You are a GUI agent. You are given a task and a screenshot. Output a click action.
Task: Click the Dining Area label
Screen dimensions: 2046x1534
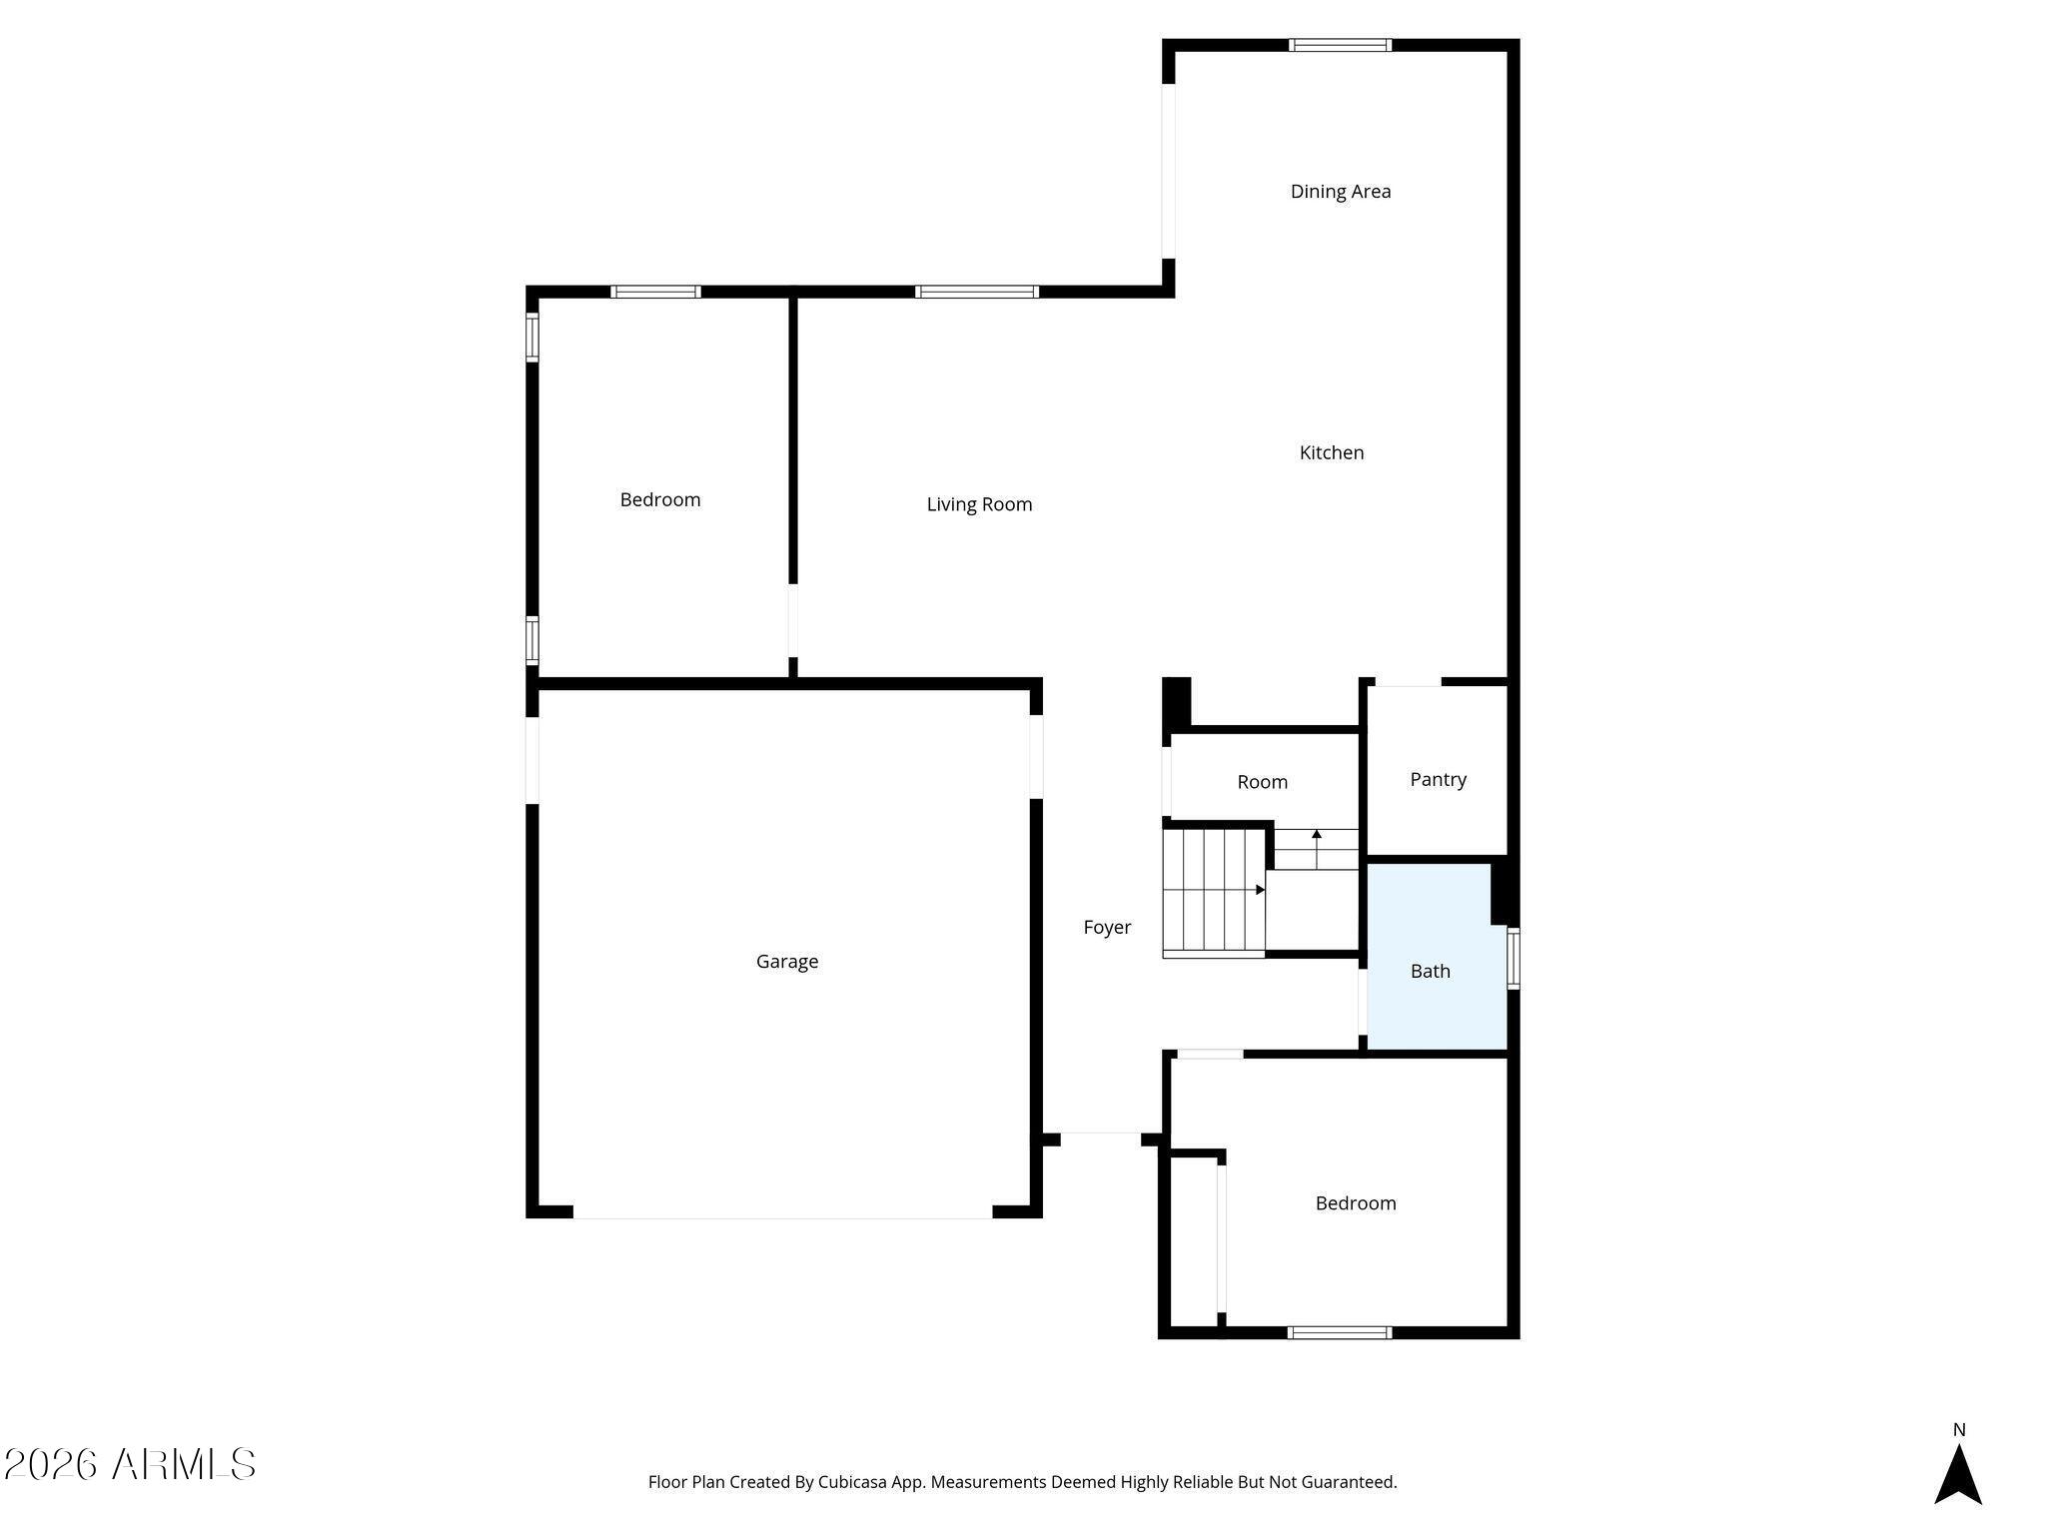tap(1340, 191)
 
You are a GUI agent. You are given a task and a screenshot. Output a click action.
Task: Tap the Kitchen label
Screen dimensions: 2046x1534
tap(1331, 452)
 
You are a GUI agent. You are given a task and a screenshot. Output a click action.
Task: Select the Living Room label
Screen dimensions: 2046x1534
tap(979, 504)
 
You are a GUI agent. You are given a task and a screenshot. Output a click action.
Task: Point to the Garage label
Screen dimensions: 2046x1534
tap(787, 961)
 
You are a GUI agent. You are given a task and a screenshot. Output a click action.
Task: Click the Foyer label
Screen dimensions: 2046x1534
tap(1107, 927)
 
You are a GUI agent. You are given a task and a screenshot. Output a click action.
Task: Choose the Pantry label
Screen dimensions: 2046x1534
tap(1438, 779)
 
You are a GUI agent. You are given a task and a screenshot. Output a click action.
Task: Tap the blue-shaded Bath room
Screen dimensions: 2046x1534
tap(1437, 957)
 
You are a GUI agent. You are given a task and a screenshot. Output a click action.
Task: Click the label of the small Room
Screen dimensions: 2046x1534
tap(1262, 782)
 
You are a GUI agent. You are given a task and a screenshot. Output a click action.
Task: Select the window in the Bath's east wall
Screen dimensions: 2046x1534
tap(1514, 959)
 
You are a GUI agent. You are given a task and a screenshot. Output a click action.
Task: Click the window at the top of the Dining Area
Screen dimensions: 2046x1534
tap(1340, 45)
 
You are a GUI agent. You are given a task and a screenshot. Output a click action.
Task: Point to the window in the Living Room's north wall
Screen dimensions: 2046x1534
tap(977, 292)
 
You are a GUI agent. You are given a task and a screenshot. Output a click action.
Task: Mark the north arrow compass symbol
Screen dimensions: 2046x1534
tap(1958, 1473)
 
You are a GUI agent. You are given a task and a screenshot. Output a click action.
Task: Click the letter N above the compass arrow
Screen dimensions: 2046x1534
tap(1959, 1430)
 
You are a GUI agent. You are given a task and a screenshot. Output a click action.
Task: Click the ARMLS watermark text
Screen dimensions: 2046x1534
tap(129, 1465)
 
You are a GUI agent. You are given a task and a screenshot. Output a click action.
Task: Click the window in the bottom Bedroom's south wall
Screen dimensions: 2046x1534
tap(1340, 1332)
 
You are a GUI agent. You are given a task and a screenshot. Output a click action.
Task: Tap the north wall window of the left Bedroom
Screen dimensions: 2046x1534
tap(655, 292)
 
